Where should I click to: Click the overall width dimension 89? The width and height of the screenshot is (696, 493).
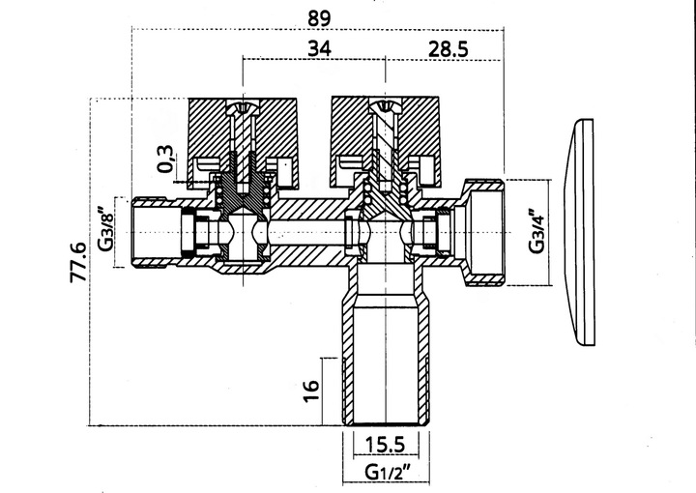point(319,18)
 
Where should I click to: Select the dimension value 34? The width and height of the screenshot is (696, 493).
point(320,48)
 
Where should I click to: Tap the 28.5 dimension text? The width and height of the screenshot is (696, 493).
point(448,48)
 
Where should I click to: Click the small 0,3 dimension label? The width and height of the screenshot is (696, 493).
point(165,159)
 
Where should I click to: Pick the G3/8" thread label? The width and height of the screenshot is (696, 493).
point(106,231)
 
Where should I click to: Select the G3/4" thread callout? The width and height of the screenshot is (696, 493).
point(536,231)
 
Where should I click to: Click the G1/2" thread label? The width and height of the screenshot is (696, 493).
point(387,472)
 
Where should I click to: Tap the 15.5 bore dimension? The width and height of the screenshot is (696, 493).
point(386,445)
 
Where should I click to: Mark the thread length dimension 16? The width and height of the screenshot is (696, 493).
point(311,391)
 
